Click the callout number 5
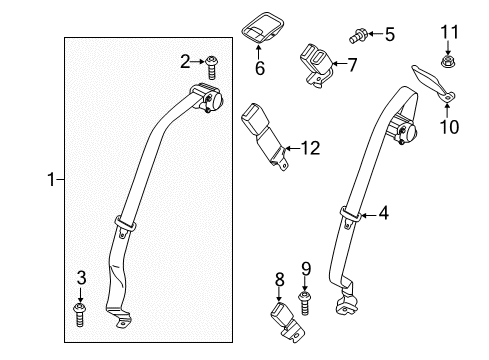(x=389, y=35)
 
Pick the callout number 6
(x=258, y=69)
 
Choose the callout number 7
(x=351, y=65)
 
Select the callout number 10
(x=444, y=127)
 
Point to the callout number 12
(x=311, y=149)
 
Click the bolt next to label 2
(x=212, y=67)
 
